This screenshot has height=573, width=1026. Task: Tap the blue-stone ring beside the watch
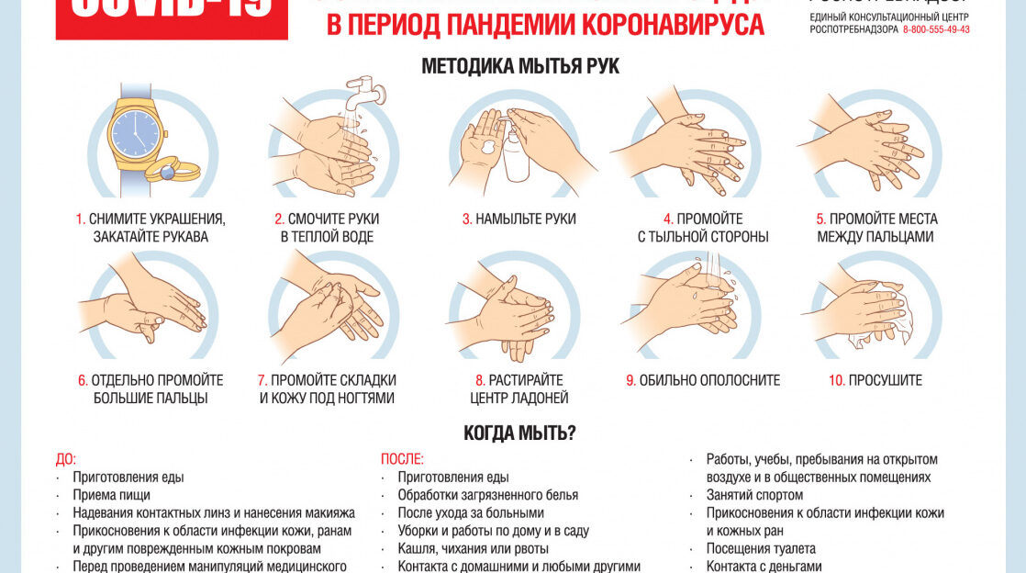click(x=167, y=170)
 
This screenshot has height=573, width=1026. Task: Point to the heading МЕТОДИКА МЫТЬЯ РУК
click(x=519, y=66)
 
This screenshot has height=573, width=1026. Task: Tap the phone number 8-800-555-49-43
click(x=935, y=29)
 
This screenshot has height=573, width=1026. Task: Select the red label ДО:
click(x=66, y=459)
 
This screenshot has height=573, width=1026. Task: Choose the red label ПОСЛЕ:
click(x=402, y=459)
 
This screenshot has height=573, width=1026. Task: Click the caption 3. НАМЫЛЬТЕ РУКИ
click(x=519, y=219)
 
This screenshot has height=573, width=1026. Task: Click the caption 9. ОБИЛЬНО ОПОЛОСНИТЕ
click(x=703, y=380)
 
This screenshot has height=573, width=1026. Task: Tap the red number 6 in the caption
click(x=82, y=380)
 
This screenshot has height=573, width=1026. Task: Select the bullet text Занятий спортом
click(x=754, y=495)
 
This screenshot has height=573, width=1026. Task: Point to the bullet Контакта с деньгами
click(x=764, y=567)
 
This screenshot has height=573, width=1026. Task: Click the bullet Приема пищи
click(x=111, y=495)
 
